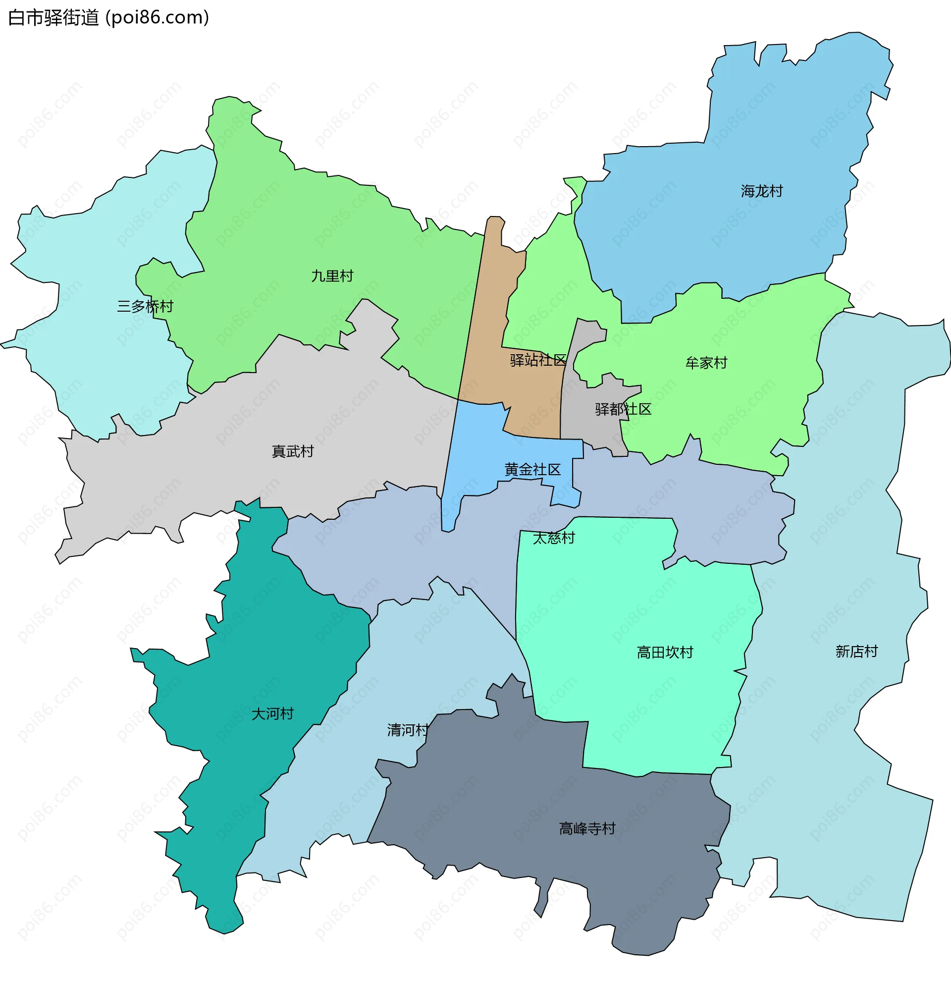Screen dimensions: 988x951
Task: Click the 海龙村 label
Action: coord(761,191)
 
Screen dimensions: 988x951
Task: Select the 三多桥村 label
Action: coord(145,306)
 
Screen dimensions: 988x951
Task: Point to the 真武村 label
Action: coord(292,451)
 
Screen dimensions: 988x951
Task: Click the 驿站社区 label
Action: coord(538,360)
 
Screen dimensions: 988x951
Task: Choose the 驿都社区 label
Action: coord(623,409)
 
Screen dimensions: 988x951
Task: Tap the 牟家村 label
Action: coord(706,362)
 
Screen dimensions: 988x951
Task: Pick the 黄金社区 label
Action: coord(532,469)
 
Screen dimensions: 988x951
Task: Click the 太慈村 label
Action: coord(553,538)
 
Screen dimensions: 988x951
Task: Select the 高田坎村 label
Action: coord(665,652)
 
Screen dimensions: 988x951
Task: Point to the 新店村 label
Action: coord(856,651)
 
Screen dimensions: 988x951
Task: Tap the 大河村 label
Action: coord(272,714)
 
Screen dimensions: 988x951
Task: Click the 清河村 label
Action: coord(408,729)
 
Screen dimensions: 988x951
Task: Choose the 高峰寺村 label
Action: coord(587,828)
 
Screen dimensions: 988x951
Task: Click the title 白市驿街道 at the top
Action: coord(53,18)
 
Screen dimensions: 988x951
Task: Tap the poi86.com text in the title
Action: coord(157,18)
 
